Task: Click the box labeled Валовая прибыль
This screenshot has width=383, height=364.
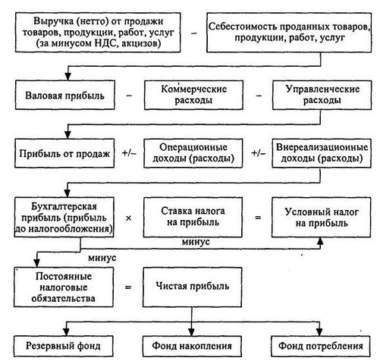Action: [x=64, y=95]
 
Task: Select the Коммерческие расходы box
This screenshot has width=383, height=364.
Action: [x=193, y=95]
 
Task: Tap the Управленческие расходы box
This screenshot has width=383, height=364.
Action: [x=322, y=95]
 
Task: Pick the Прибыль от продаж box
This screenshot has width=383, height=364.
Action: [x=64, y=153]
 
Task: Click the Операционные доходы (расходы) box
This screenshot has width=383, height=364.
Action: [x=193, y=153]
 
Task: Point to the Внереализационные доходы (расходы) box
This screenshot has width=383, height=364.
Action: [x=322, y=153]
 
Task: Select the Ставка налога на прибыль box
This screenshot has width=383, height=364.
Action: [x=193, y=217]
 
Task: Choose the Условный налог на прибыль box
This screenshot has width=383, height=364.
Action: [x=322, y=217]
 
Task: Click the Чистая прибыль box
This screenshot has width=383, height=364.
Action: [x=192, y=287]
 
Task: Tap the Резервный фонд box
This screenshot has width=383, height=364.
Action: [x=64, y=346]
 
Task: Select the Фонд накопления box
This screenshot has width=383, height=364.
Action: [x=192, y=346]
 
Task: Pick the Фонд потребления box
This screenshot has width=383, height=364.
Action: [x=321, y=346]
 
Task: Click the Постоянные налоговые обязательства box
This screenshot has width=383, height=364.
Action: [x=64, y=287]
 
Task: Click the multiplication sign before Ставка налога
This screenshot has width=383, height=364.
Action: [x=128, y=218]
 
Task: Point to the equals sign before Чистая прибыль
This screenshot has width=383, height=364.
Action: [x=128, y=287]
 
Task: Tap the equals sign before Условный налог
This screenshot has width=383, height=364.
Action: [x=258, y=217]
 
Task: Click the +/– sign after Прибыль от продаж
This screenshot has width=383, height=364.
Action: [x=129, y=153]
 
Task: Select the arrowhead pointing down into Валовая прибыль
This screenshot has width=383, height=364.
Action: [x=68, y=77]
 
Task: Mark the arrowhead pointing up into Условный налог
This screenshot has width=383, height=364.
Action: [x=320, y=241]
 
